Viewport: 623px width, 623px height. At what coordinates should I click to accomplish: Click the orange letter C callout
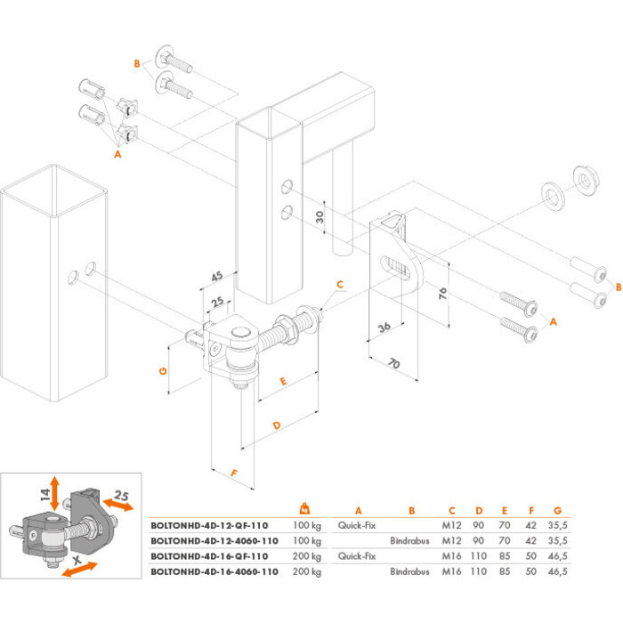(338, 284)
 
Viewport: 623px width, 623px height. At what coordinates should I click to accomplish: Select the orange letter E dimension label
(283, 381)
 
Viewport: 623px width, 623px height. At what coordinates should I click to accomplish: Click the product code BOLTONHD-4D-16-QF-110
(208, 555)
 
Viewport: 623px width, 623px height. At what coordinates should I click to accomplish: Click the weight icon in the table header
(303, 509)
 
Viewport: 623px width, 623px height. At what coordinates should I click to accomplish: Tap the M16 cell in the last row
(452, 570)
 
